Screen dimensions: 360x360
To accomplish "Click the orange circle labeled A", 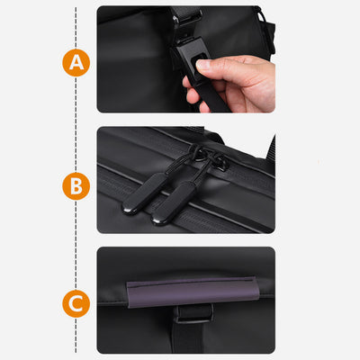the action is [76, 63].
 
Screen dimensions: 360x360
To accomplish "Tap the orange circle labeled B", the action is [76, 186].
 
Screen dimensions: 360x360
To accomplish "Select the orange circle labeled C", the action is [76, 303].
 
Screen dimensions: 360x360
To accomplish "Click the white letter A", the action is [76, 63].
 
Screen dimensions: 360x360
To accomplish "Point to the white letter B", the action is [76, 186].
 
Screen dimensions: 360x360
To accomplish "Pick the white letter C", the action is [76, 303].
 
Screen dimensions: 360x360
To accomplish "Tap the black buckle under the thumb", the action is [191, 59].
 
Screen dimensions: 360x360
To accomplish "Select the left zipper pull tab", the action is [145, 193].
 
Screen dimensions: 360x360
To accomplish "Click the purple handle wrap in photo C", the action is [193, 292].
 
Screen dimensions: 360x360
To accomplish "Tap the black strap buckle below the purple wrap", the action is [194, 313].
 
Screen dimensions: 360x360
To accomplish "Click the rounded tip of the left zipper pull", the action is [129, 210].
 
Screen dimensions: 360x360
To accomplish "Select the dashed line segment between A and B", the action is [76, 124].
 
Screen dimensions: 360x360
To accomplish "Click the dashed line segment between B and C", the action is [76, 245].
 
